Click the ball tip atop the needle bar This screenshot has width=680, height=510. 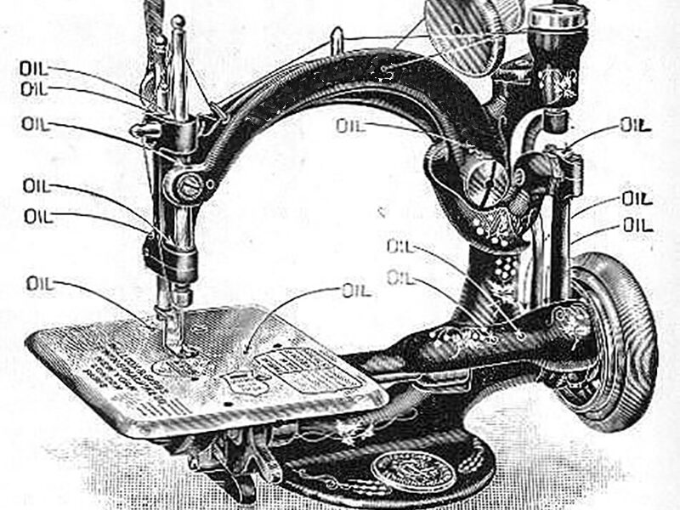pos(177,22)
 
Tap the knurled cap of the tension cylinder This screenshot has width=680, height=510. pos(557,15)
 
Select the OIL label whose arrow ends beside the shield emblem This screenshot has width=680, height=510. pos(357,290)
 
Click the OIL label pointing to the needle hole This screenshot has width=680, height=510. pos(40,284)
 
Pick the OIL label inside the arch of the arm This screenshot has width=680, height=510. pos(349,126)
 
